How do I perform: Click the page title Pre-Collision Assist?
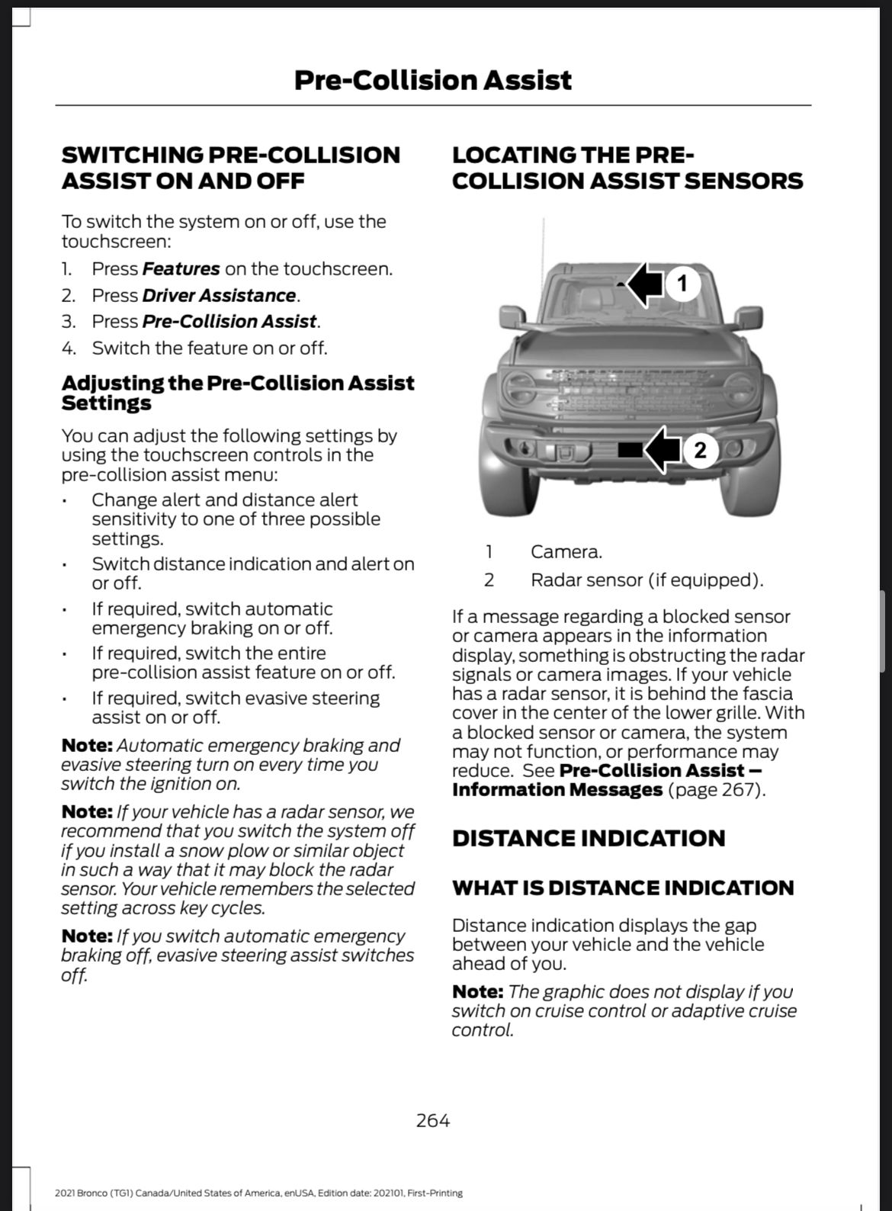432,80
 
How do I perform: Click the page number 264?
432,1120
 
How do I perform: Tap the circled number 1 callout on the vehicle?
682,283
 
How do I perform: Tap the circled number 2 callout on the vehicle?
700,450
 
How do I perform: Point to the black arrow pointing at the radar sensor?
661,450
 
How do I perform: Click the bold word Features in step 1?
181,269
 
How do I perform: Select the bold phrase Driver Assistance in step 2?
219,295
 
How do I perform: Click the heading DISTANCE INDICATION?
588,838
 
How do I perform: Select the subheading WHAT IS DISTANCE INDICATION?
622,888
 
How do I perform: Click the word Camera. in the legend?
566,551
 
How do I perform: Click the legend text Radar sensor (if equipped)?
647,580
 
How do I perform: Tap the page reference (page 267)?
715,789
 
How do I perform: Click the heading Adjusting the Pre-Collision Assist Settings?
237,393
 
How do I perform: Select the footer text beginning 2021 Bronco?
258,1193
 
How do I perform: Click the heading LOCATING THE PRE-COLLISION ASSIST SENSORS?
627,168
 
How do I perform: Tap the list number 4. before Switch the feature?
69,349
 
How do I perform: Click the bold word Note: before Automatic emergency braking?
87,745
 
